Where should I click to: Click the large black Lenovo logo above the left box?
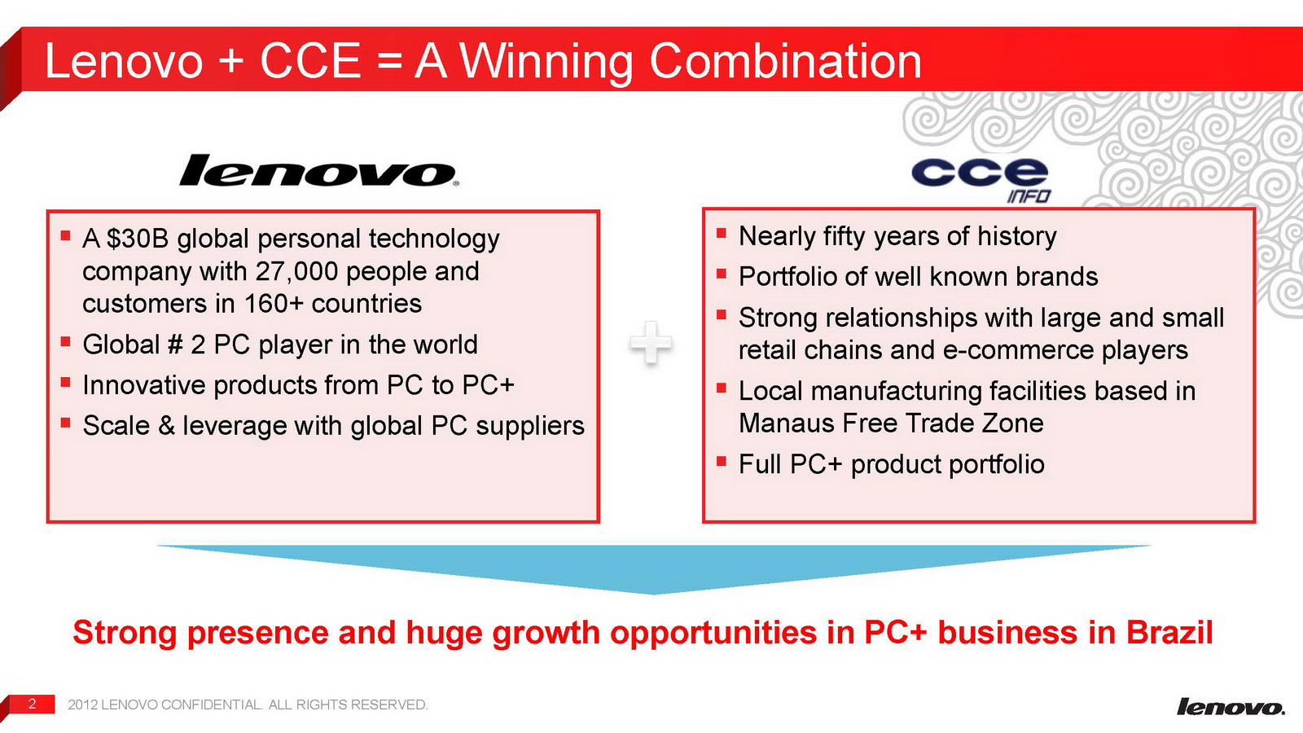[318, 170]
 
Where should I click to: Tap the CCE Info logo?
[981, 180]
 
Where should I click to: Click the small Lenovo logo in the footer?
[1231, 707]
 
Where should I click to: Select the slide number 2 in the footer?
[32, 704]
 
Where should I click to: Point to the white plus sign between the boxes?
[651, 343]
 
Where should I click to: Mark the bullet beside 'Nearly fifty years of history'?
[722, 234]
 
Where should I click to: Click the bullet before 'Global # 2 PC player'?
[65, 341]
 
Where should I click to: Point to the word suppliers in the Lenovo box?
[530, 427]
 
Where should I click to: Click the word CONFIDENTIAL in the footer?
[212, 704]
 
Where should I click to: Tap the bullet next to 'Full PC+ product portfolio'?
[722, 462]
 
